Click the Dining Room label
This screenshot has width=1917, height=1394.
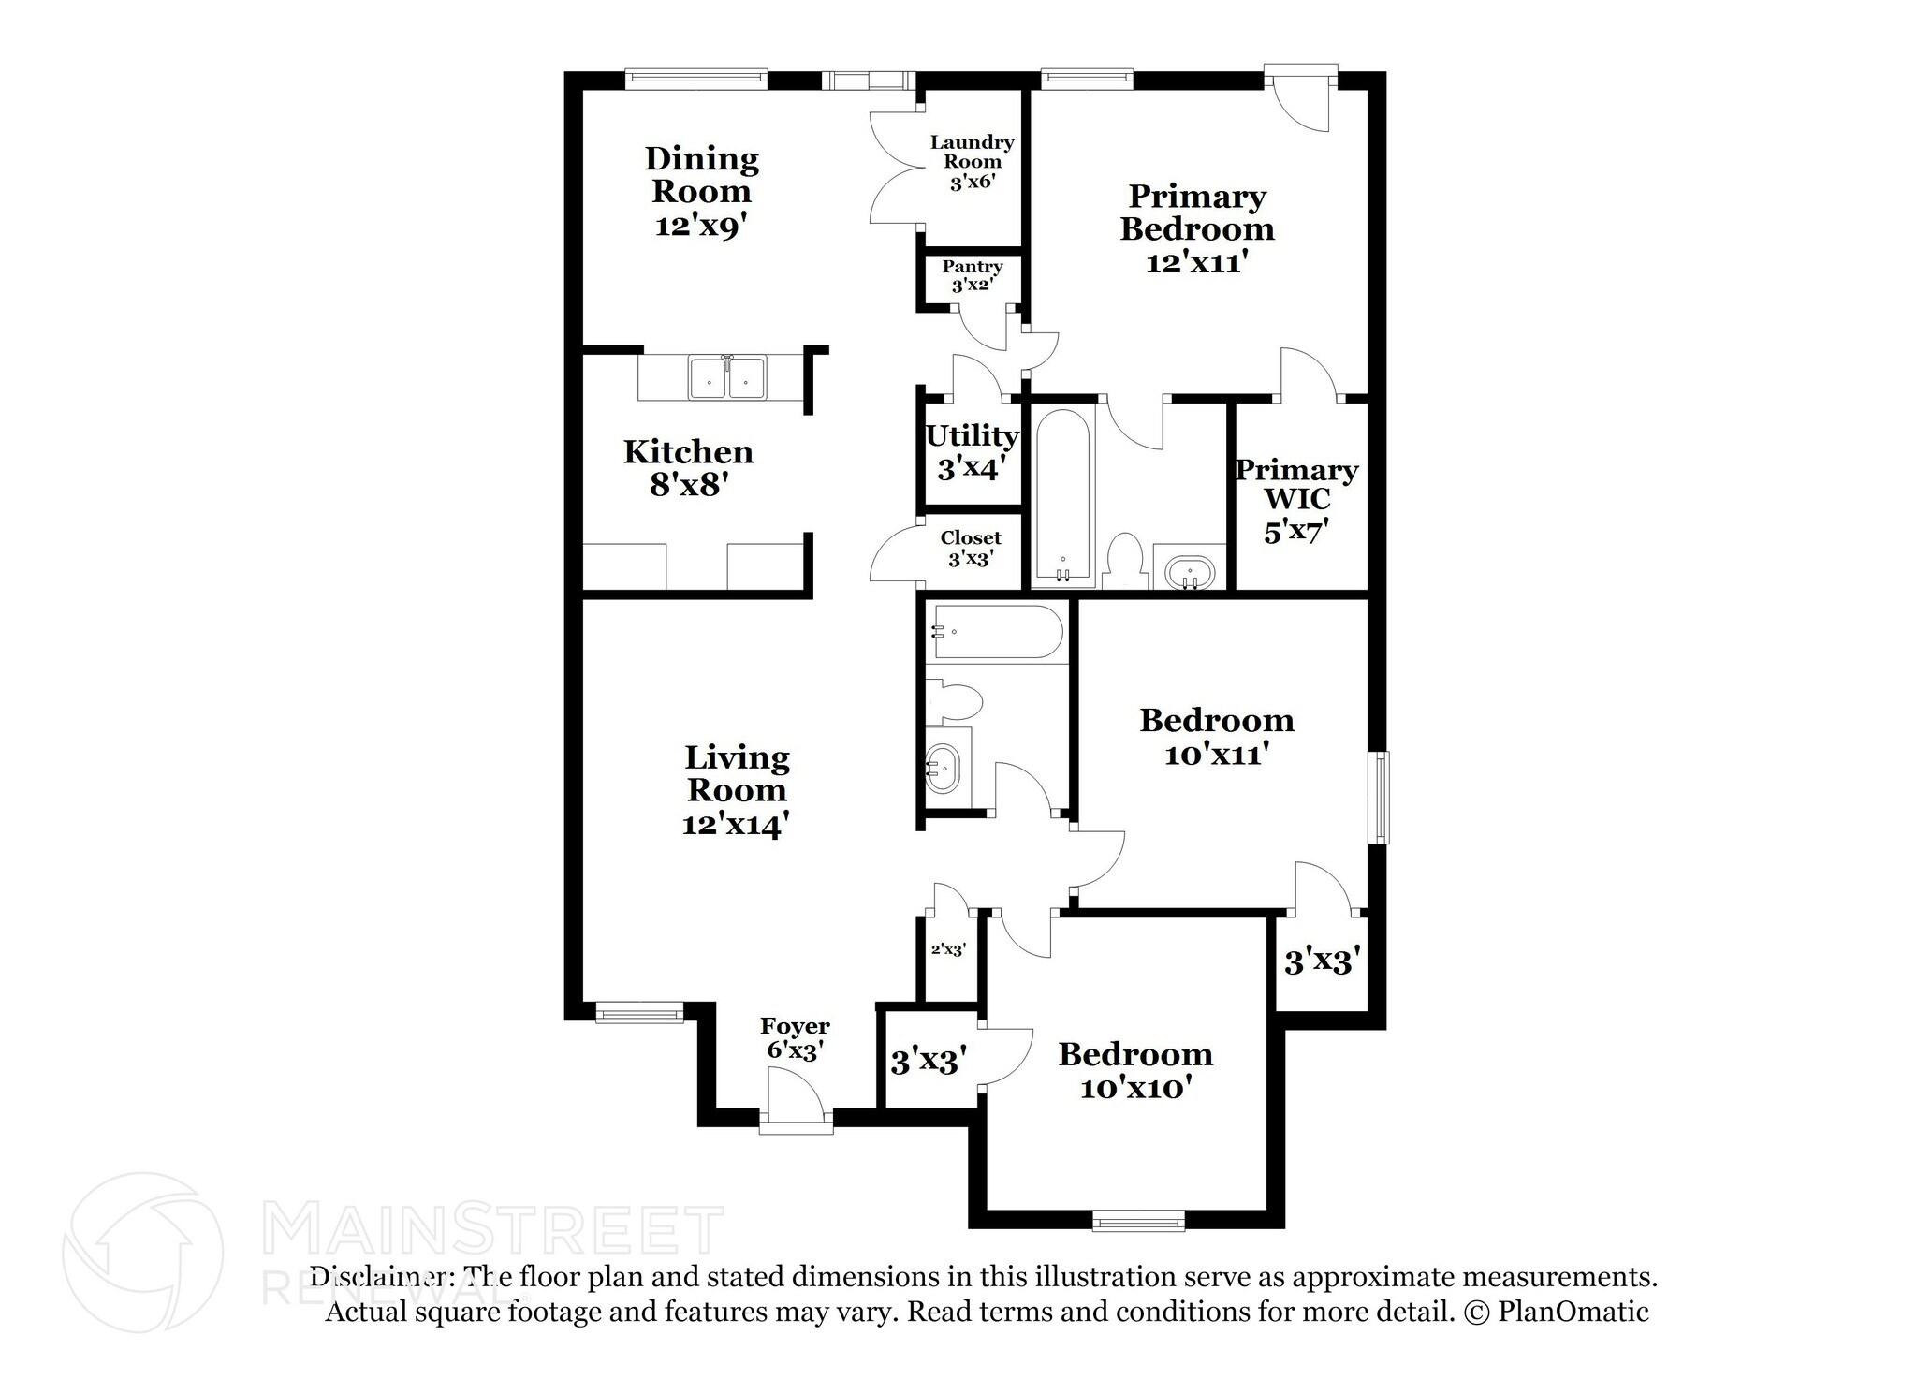pos(701,192)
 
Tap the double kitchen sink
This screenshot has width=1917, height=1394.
pos(726,377)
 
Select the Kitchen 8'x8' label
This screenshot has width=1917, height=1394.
pos(688,468)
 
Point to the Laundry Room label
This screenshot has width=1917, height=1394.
pos(972,162)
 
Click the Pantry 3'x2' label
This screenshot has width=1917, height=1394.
pos(973,276)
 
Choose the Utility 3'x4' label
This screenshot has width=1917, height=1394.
pos(972,451)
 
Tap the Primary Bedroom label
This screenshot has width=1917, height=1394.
pos(1197,228)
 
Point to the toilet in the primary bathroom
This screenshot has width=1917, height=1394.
pos(1124,562)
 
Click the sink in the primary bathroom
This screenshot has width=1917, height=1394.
pos(1190,571)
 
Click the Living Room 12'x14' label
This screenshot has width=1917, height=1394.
pos(737,790)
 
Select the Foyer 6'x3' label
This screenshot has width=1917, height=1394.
pos(795,1038)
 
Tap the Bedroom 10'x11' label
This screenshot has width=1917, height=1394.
pos(1217,737)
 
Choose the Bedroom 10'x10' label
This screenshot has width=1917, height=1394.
pos(1135,1071)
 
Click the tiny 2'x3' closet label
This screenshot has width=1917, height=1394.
pos(947,949)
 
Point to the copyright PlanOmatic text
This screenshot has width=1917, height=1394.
pos(1555,1312)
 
